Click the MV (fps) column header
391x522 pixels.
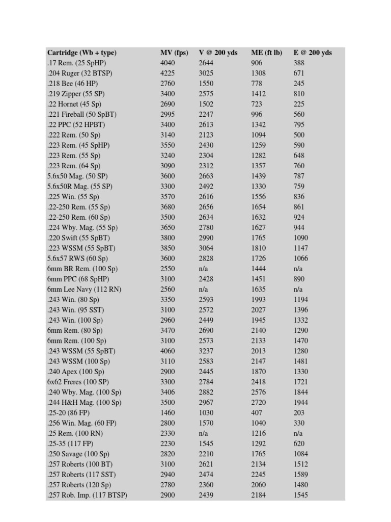(x=174, y=53)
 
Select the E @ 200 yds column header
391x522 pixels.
(x=313, y=53)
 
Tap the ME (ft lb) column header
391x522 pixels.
(x=266, y=53)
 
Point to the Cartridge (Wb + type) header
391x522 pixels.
(x=81, y=53)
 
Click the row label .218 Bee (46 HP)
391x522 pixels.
(x=72, y=83)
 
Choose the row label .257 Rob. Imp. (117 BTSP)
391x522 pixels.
(x=87, y=495)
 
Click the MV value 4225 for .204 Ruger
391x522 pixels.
(x=167, y=73)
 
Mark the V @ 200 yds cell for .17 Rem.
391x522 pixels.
(x=206, y=63)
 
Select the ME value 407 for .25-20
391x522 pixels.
(x=257, y=413)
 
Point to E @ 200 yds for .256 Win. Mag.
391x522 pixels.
(x=299, y=423)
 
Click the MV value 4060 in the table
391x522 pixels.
(x=167, y=351)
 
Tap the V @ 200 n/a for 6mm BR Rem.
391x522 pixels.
(x=203, y=269)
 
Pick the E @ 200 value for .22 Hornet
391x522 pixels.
(x=299, y=104)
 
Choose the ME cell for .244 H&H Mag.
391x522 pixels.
(x=259, y=403)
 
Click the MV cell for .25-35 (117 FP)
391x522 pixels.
(x=167, y=443)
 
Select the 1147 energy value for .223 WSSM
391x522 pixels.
(x=301, y=248)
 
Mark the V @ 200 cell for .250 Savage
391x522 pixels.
(x=206, y=454)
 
